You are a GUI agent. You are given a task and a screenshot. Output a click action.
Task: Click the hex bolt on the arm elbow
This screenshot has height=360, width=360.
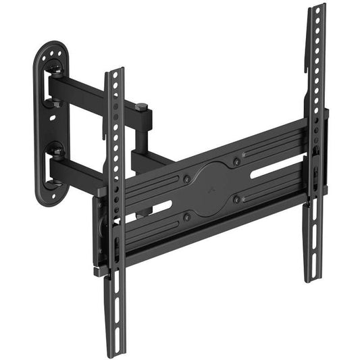click(x=143, y=107)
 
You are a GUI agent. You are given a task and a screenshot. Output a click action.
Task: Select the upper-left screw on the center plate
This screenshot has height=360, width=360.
click(x=186, y=179)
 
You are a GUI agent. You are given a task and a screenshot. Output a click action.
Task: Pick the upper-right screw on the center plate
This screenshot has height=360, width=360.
click(x=236, y=162)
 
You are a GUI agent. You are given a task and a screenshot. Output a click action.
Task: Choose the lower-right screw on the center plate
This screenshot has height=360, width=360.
click(x=236, y=199)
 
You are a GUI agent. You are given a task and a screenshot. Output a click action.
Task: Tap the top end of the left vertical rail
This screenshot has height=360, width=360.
click(x=115, y=70)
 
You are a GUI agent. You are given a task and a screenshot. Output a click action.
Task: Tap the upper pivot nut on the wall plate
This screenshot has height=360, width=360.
click(x=55, y=67)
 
